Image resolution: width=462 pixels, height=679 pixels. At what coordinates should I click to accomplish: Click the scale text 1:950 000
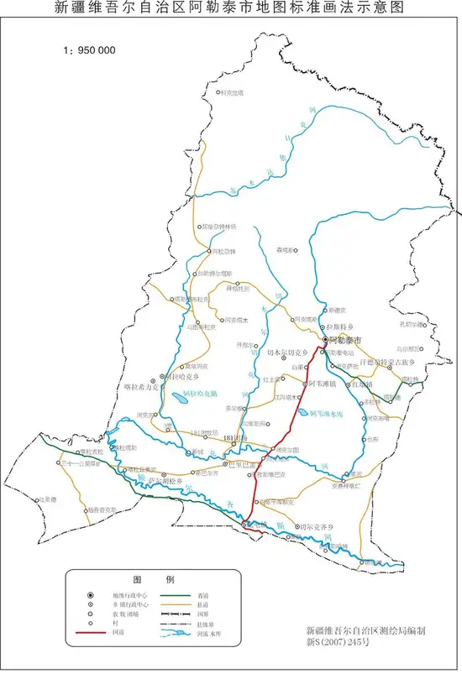click(89, 50)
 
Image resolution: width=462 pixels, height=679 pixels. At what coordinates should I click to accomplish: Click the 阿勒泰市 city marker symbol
click(325, 339)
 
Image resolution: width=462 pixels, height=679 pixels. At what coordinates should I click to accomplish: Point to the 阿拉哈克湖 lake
click(184, 400)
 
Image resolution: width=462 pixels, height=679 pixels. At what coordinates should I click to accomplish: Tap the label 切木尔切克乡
click(289, 354)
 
